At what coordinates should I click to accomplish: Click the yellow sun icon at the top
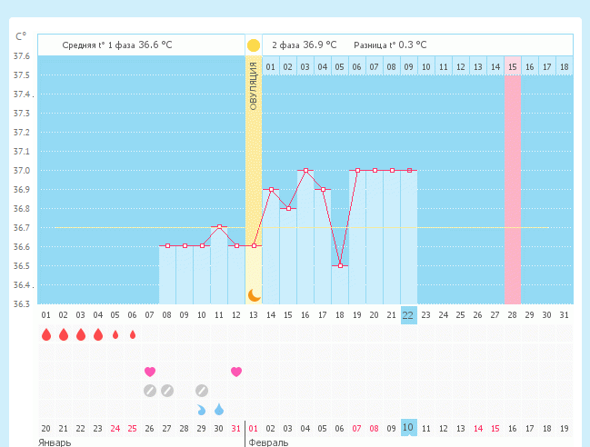tap(254, 45)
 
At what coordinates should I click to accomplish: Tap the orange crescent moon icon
tap(254, 295)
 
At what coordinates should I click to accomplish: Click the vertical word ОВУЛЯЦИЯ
tap(254, 86)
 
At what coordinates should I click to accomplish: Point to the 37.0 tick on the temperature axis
tap(22, 170)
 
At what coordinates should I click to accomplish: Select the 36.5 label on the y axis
tap(22, 266)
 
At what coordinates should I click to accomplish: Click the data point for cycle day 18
tap(340, 266)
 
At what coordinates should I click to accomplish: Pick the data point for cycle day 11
tap(219, 227)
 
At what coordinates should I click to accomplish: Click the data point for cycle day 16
tap(306, 170)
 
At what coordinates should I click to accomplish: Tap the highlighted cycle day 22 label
tap(408, 315)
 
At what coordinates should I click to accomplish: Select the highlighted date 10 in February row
tap(408, 428)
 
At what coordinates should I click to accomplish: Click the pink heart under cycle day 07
tap(150, 372)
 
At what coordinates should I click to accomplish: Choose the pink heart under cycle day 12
tap(236, 372)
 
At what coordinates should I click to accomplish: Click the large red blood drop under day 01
tap(46, 334)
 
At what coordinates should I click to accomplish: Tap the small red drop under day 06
tap(133, 334)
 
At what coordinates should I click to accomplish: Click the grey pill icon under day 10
tap(202, 391)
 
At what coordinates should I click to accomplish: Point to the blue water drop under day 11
tap(219, 409)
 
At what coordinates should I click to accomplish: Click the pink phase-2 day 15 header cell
tap(513, 66)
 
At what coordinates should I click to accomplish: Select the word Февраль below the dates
tap(268, 442)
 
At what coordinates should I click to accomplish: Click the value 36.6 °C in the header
tap(155, 45)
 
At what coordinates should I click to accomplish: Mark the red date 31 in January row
tap(236, 428)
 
